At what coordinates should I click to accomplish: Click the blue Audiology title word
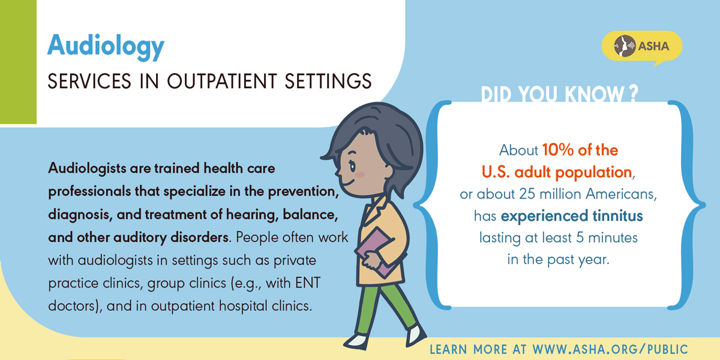pyautogui.click(x=106, y=47)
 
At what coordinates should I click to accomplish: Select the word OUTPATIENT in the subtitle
pyautogui.click(x=222, y=81)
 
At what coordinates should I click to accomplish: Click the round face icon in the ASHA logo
pyautogui.click(x=625, y=46)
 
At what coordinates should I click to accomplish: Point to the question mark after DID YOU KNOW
pyautogui.click(x=632, y=94)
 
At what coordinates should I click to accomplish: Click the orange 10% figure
pyautogui.click(x=558, y=150)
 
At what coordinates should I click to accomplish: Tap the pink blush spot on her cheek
pyautogui.click(x=360, y=175)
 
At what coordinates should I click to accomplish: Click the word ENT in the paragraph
pyautogui.click(x=308, y=283)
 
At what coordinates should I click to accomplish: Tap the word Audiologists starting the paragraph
pyautogui.click(x=87, y=169)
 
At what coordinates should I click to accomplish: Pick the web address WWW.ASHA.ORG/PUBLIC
pyautogui.click(x=610, y=349)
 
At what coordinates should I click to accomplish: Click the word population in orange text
pyautogui.click(x=593, y=173)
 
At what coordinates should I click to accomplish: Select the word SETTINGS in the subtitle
pyautogui.click(x=328, y=81)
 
